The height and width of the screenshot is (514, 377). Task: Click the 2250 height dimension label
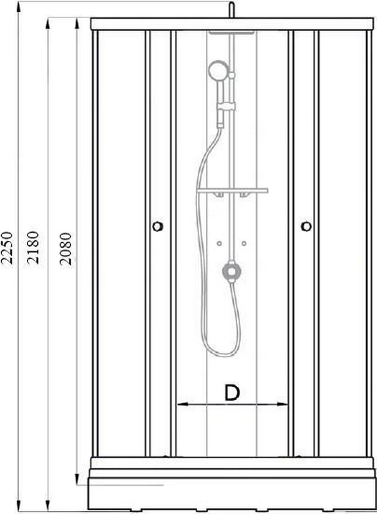click(x=7, y=248)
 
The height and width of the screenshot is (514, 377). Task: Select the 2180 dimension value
click(x=33, y=248)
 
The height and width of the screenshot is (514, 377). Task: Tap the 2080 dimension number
click(x=65, y=249)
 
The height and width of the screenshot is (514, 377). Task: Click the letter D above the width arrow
click(x=232, y=393)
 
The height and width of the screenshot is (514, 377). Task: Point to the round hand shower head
click(x=217, y=70)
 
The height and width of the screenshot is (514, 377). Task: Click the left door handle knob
click(x=158, y=226)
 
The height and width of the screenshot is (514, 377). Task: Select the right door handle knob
click(x=306, y=226)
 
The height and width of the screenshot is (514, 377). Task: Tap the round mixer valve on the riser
click(x=232, y=270)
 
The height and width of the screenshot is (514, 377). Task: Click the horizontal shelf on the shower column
click(x=232, y=190)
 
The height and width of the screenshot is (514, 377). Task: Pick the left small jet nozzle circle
click(x=219, y=244)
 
